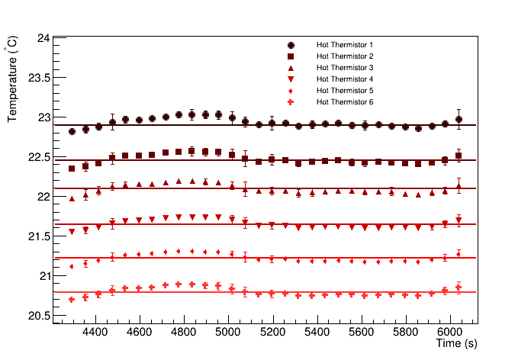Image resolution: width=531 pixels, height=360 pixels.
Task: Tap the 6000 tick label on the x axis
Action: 450,333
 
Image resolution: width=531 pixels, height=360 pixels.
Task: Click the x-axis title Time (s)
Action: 456,344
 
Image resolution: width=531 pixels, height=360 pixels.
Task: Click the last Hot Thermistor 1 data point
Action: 459,119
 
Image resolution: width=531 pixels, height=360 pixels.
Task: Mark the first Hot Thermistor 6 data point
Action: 72,300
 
